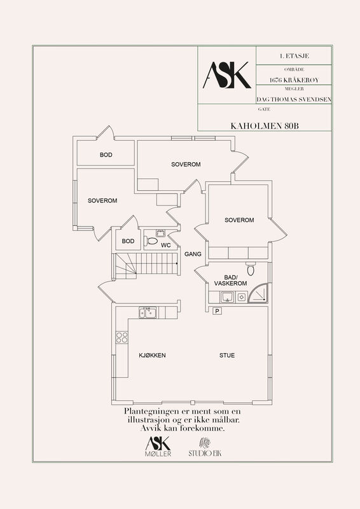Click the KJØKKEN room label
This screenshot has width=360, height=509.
point(152,355)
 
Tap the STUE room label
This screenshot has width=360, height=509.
point(227,355)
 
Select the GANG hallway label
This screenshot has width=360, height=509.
point(193,254)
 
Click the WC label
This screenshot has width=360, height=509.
point(165,246)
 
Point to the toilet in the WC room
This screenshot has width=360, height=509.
point(151,241)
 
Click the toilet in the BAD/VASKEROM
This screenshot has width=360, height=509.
point(251,268)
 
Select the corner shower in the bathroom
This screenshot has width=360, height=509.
point(258,293)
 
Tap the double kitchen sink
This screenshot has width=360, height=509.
point(148,312)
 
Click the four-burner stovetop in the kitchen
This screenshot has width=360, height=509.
point(121,337)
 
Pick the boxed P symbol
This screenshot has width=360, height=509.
point(217,311)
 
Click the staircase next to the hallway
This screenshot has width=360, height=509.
point(146,266)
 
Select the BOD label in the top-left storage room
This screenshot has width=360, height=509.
point(106,155)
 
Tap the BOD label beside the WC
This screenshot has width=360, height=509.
point(128,241)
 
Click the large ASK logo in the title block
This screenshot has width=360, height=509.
point(227,75)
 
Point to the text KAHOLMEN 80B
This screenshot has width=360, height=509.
point(265,126)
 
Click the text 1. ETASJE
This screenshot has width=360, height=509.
point(294,56)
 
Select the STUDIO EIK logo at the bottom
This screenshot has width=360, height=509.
point(205,448)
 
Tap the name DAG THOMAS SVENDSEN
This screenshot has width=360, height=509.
point(294,99)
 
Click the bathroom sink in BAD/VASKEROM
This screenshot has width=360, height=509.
point(227,296)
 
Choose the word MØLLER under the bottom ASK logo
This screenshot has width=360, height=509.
point(158,454)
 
